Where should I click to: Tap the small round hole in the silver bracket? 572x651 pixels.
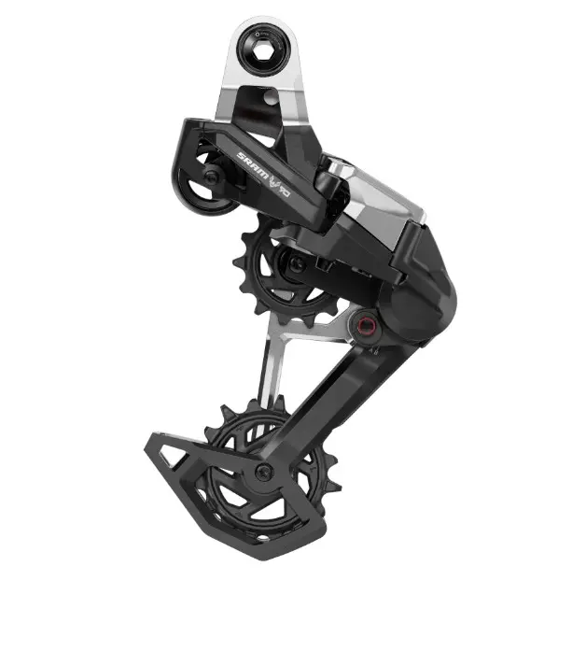click(x=270, y=96)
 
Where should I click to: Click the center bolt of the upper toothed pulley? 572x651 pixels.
click(x=292, y=264)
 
